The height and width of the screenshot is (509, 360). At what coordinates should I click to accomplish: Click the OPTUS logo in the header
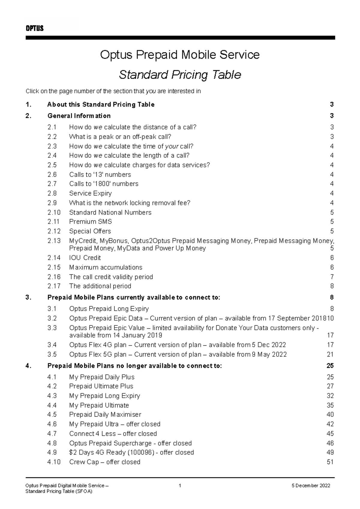coord(34,28)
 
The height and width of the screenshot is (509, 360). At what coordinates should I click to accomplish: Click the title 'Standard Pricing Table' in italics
coord(180,75)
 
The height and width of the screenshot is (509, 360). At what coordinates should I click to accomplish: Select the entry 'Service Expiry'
coord(90,193)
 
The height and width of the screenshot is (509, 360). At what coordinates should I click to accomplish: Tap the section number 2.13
coord(54,241)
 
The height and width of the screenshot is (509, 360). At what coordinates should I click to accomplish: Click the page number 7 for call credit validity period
coord(332,277)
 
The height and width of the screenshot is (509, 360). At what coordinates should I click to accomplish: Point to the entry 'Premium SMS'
coord(90,222)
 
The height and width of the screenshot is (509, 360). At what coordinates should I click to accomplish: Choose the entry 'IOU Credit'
coord(85,258)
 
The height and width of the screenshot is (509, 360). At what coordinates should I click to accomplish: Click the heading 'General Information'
coord(79,116)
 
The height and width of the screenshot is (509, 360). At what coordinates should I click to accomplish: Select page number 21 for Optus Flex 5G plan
coord(330,354)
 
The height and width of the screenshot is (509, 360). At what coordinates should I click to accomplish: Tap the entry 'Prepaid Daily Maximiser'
coord(105,415)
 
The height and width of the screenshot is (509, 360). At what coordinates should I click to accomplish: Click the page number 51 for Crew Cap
coord(330,462)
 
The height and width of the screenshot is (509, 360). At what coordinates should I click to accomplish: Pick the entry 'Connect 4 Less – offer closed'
coord(113,433)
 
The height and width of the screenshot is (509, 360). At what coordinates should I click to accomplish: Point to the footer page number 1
coord(180,486)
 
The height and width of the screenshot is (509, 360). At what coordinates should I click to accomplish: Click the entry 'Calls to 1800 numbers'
coord(103,184)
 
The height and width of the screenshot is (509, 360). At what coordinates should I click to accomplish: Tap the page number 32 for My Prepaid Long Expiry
coord(330,396)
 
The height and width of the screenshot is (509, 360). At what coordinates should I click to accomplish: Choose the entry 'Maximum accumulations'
coord(106,267)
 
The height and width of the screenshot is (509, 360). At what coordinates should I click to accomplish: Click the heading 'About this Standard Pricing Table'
coord(101,105)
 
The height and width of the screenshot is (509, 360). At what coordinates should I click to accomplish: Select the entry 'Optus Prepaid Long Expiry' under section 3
coord(109,309)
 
